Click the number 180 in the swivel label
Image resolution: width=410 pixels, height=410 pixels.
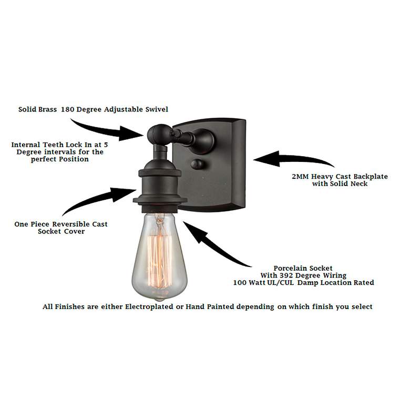[67, 109]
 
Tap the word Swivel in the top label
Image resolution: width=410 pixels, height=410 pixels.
[157, 109]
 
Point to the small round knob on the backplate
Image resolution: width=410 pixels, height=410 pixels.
[198, 165]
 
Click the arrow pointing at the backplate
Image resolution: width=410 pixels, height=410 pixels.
[293, 159]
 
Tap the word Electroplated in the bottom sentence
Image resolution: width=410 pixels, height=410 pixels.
[149, 307]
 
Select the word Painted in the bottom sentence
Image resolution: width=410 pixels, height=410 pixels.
[220, 307]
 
